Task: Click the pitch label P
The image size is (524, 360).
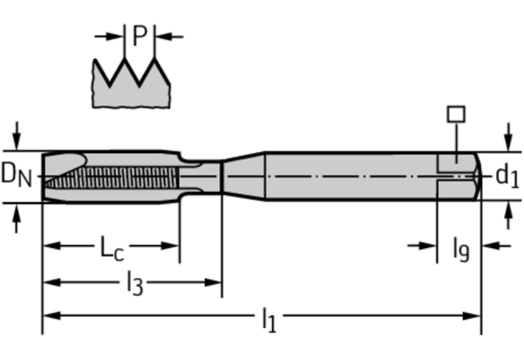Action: click(x=140, y=35)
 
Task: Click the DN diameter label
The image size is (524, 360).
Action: click(x=16, y=175)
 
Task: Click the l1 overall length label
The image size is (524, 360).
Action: click(x=268, y=319)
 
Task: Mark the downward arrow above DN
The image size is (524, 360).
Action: click(x=18, y=133)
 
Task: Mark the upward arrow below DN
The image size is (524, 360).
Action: click(x=18, y=219)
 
